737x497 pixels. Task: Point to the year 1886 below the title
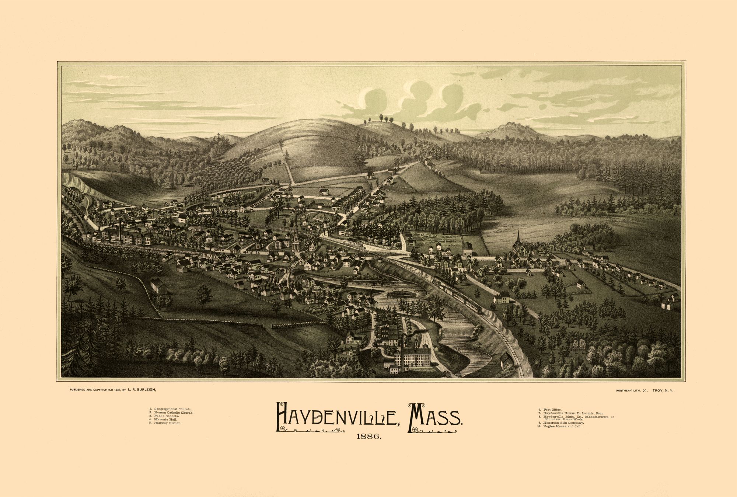pyautogui.click(x=368, y=437)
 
